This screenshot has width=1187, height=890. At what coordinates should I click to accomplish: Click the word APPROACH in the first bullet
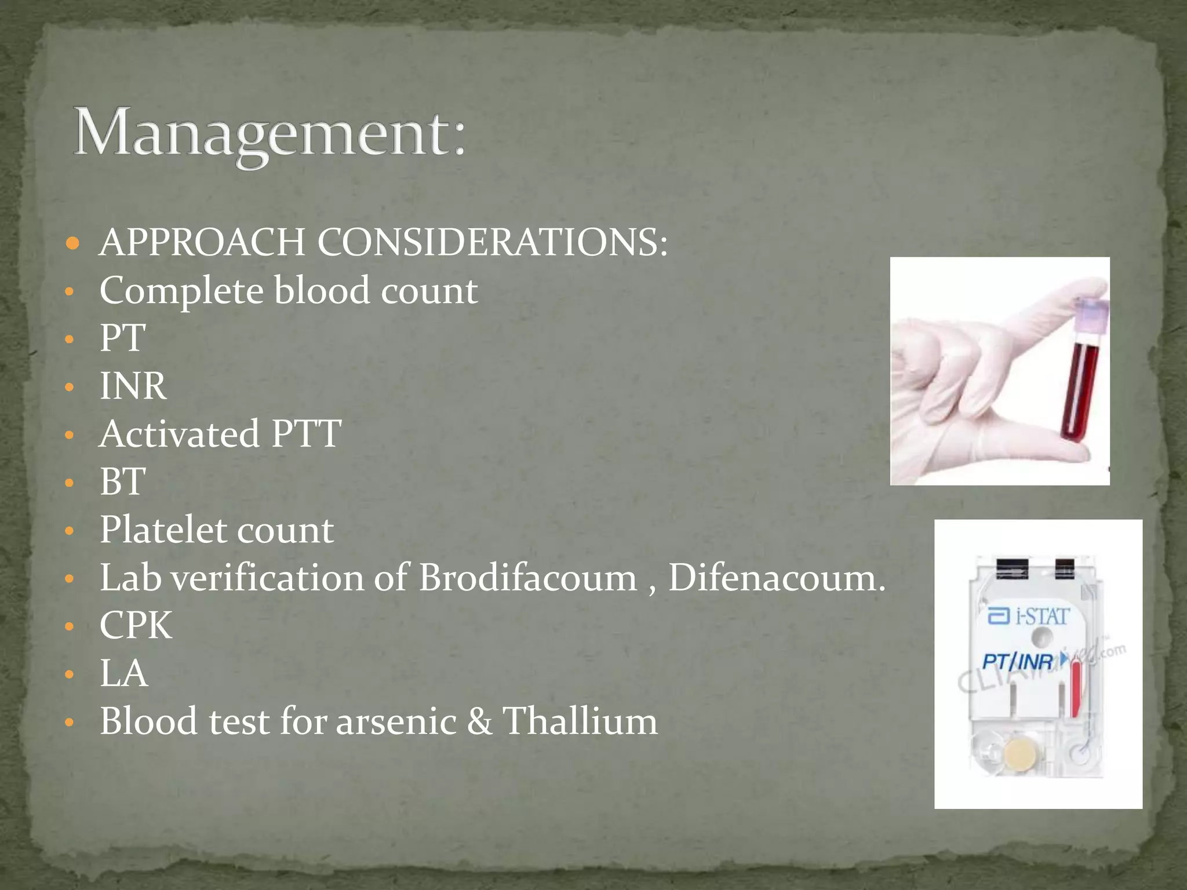coord(202,242)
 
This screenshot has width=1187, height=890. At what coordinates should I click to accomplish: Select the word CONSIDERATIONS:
coord(492,242)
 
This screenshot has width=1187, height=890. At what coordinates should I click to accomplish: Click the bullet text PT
coord(122,338)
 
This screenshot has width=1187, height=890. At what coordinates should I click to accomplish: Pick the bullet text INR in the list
coord(133,386)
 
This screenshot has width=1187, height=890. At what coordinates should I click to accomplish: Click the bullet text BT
coord(122,482)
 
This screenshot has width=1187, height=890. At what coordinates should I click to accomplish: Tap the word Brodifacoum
coord(527,578)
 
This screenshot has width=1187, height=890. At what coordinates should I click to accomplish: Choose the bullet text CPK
coord(136,625)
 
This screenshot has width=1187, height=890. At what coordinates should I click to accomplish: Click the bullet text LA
coord(123,673)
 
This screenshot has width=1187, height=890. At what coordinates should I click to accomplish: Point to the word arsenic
coord(396,722)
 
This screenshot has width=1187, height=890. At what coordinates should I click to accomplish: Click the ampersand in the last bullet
coord(479,722)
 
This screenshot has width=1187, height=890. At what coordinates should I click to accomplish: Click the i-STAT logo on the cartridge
coord(1028,616)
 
